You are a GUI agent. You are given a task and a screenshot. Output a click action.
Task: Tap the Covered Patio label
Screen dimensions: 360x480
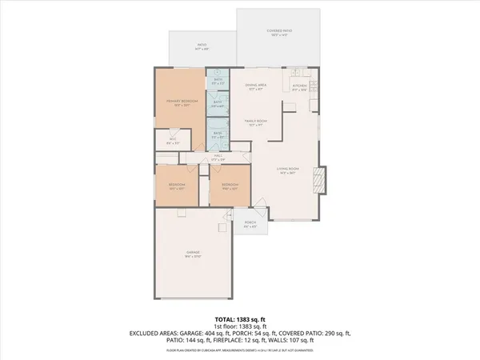pos(279,32)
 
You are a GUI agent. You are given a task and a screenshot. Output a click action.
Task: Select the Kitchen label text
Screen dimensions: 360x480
pos(300,86)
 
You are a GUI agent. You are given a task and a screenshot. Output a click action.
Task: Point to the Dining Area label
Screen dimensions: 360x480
pos(256,86)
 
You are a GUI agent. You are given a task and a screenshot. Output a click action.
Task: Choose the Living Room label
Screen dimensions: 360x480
pos(287,169)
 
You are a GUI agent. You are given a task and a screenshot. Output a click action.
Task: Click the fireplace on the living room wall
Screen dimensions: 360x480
pos(321,179)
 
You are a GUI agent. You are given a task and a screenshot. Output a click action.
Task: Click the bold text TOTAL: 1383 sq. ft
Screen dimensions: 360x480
pos(240,319)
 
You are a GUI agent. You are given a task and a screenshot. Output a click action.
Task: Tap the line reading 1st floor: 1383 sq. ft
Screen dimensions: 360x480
pos(240,326)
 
